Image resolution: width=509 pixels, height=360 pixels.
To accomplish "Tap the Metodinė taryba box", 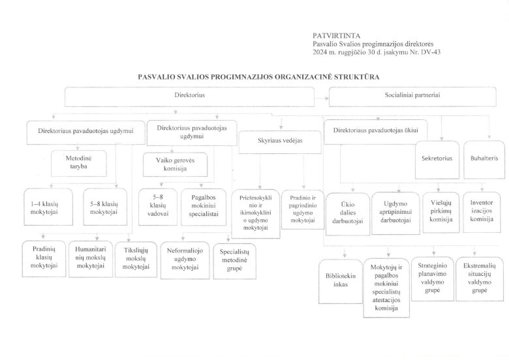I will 78,162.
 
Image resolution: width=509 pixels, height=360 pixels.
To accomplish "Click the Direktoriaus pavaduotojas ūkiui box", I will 375,130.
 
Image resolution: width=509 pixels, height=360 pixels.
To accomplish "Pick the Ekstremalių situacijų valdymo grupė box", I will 480,278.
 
